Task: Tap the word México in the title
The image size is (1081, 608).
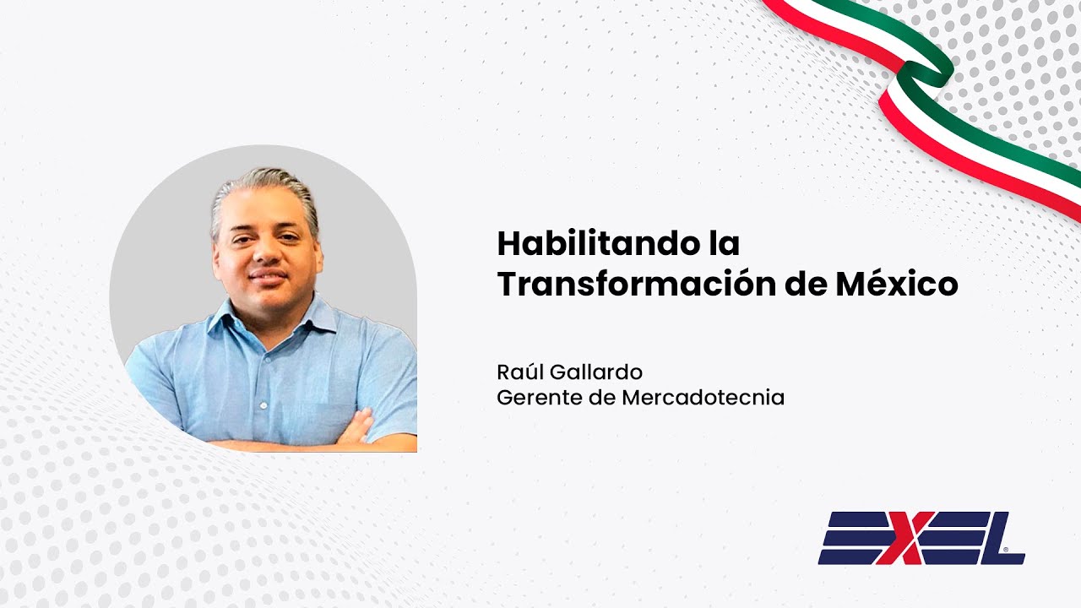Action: (897, 285)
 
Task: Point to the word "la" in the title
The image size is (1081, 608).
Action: (724, 244)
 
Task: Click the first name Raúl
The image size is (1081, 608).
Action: (521, 372)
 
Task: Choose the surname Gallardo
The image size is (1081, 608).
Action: (598, 372)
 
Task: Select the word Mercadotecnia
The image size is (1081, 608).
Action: (703, 397)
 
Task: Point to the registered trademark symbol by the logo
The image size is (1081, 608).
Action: (1005, 550)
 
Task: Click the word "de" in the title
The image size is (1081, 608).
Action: (803, 285)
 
